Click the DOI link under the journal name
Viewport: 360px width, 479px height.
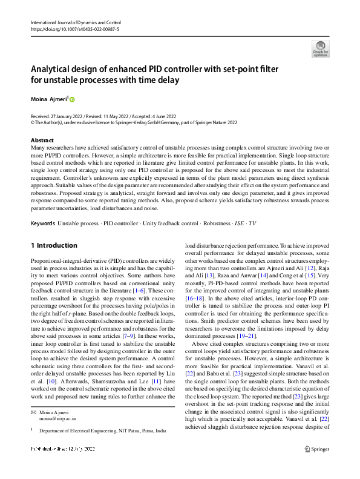tap(71, 28)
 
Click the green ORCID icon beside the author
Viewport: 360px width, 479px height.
tap(73, 98)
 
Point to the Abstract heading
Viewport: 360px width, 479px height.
tap(42, 140)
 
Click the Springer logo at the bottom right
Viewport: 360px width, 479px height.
tap(316, 466)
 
